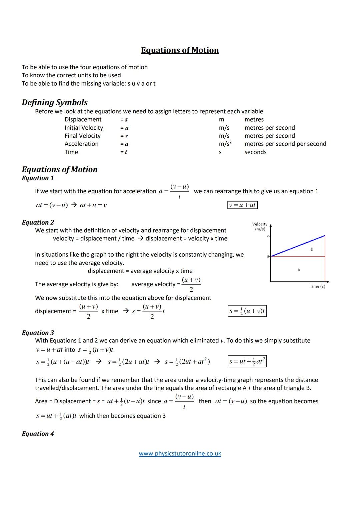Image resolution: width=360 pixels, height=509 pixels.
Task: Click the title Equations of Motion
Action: point(180,50)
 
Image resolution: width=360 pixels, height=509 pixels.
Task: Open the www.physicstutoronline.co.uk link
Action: point(180,454)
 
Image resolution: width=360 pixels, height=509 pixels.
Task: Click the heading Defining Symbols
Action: point(55,102)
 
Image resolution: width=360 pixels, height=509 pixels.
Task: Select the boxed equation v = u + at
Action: point(242,205)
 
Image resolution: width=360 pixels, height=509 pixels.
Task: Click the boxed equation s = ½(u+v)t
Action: point(247,311)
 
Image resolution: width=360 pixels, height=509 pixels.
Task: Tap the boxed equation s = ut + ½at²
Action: point(247,361)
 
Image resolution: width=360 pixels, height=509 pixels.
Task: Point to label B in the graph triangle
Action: point(312,249)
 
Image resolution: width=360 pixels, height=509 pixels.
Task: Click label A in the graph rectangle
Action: point(299,270)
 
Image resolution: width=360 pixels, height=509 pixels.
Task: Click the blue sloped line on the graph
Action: point(298,246)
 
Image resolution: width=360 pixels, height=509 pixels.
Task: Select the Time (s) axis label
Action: point(317,286)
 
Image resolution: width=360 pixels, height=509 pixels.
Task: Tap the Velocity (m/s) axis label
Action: point(260,227)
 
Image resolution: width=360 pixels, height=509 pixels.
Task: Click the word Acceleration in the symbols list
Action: point(82,144)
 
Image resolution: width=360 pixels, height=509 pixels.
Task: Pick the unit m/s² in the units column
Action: point(225,144)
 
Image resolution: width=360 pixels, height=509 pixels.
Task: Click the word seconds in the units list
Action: point(255,152)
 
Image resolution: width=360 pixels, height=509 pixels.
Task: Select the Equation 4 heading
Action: point(38,434)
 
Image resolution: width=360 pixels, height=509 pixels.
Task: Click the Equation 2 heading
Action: point(38,222)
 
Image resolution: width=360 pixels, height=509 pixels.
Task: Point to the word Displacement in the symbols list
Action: point(83,120)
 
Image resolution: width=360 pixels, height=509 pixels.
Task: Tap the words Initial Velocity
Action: point(84,128)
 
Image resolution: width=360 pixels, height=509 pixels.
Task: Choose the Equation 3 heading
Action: point(38,333)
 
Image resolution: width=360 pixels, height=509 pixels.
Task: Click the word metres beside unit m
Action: point(254,120)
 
